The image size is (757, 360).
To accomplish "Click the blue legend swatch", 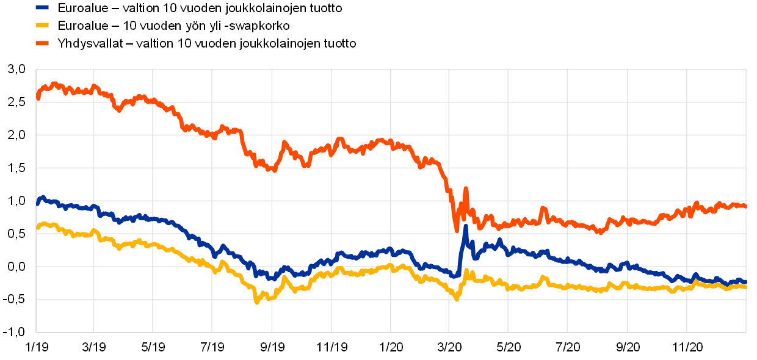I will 42,7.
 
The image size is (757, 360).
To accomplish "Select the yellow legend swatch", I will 42,25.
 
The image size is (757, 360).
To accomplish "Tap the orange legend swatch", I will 42,43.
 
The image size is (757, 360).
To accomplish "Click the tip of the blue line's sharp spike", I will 465,226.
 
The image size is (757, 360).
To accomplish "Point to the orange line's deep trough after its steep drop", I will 457,231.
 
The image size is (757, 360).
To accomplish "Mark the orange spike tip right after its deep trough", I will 465,189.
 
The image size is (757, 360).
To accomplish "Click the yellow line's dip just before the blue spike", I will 457,299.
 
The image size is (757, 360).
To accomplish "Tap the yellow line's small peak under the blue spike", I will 466,270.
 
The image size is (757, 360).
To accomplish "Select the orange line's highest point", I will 54,84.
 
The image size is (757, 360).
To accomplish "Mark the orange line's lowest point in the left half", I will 274,170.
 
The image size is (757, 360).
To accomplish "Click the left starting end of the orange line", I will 38,98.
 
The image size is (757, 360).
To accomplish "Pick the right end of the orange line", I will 745,206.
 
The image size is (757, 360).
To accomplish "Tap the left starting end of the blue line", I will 38,203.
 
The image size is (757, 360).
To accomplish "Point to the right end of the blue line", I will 745,282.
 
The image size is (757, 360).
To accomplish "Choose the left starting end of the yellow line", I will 38,228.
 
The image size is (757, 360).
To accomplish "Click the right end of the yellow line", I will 745,286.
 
